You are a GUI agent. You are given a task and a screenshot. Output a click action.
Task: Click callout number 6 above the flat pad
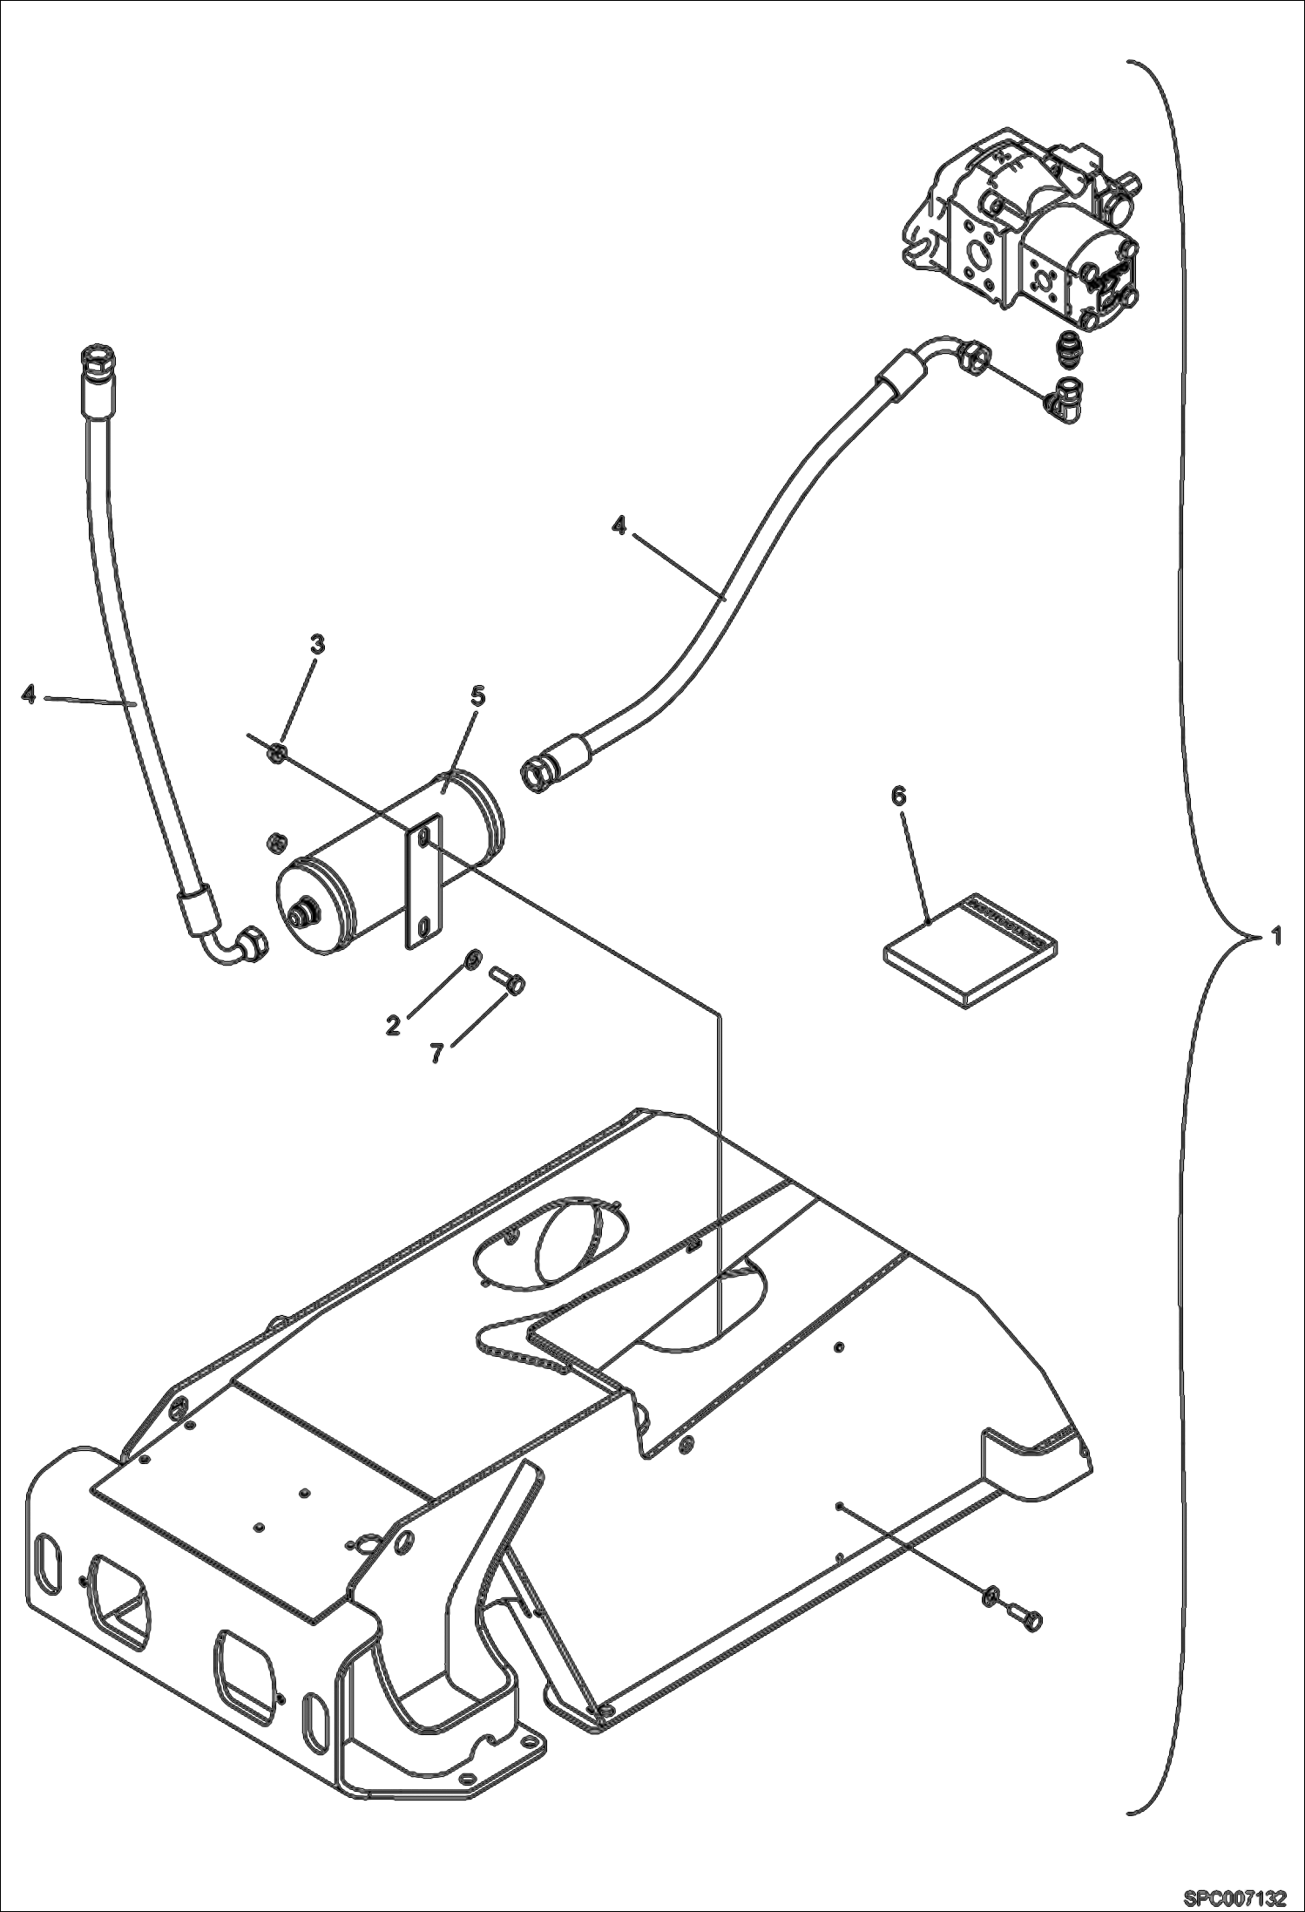click(x=899, y=795)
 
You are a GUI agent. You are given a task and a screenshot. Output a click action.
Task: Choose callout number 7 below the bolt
click(x=436, y=1053)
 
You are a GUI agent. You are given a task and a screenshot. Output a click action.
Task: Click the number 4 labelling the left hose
click(x=29, y=695)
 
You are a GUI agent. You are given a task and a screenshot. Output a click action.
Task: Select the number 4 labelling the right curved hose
click(x=619, y=526)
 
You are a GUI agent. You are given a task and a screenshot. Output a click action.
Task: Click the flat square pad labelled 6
click(x=967, y=950)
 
